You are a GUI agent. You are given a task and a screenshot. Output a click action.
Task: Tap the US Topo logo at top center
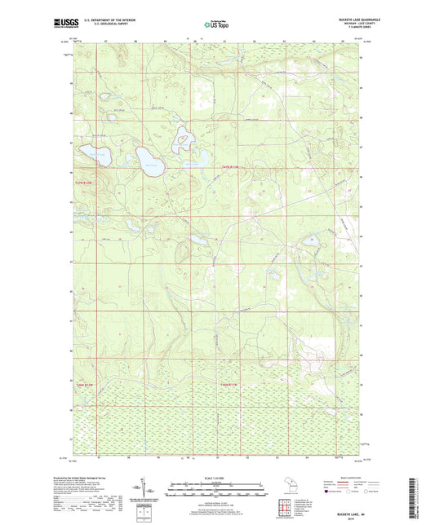(217, 24)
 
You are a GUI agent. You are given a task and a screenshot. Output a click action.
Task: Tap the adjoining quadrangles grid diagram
(288, 505)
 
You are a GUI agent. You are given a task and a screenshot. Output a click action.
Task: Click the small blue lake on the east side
(311, 240)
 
